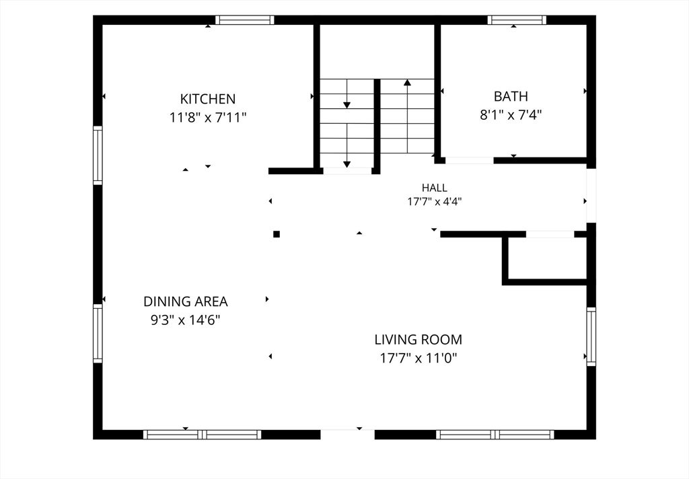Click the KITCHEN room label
tap(208, 98)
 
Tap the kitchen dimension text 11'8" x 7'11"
tap(208, 118)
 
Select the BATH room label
tap(511, 96)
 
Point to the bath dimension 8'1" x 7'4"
tap(511, 115)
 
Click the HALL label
tap(435, 188)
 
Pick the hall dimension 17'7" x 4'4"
tap(435, 202)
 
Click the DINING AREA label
tap(186, 301)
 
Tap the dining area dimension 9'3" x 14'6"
tap(186, 320)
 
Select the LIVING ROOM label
tap(419, 340)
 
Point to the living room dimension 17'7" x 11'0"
tap(419, 359)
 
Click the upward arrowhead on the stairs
tap(407, 81)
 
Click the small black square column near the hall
tap(277, 234)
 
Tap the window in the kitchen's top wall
tap(245, 20)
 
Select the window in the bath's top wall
tap(517, 20)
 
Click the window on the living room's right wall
tap(591, 336)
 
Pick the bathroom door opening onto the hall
tap(469, 161)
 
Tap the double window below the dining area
tap(202, 435)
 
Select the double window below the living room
tap(495, 435)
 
